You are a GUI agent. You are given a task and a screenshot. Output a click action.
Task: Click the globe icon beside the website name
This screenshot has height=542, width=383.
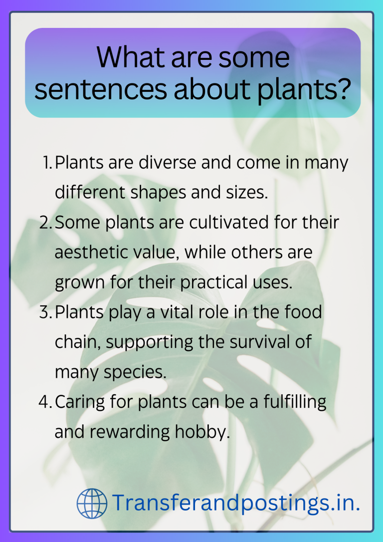92,503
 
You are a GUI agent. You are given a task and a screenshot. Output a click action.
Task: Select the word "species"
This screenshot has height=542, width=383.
135,372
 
